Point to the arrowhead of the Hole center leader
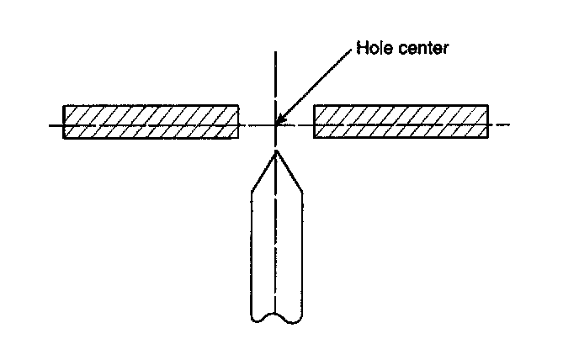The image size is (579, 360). tap(279, 123)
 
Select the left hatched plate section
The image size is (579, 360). tap(151, 121)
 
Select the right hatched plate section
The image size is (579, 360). tap(401, 121)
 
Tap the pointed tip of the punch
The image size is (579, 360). tap(276, 152)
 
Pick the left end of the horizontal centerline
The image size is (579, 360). tap(48, 126)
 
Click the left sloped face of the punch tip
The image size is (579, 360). tap(263, 172)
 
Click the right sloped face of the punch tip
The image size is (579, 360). tap(289, 172)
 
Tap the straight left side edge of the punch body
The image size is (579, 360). tap(252, 252)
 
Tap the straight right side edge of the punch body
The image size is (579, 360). tap(302, 252)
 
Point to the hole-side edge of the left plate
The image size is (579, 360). tap(239, 121)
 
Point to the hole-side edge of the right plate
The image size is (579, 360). tap(314, 121)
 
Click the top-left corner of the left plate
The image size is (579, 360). tap(64, 106)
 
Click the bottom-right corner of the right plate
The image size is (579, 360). tap(488, 137)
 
